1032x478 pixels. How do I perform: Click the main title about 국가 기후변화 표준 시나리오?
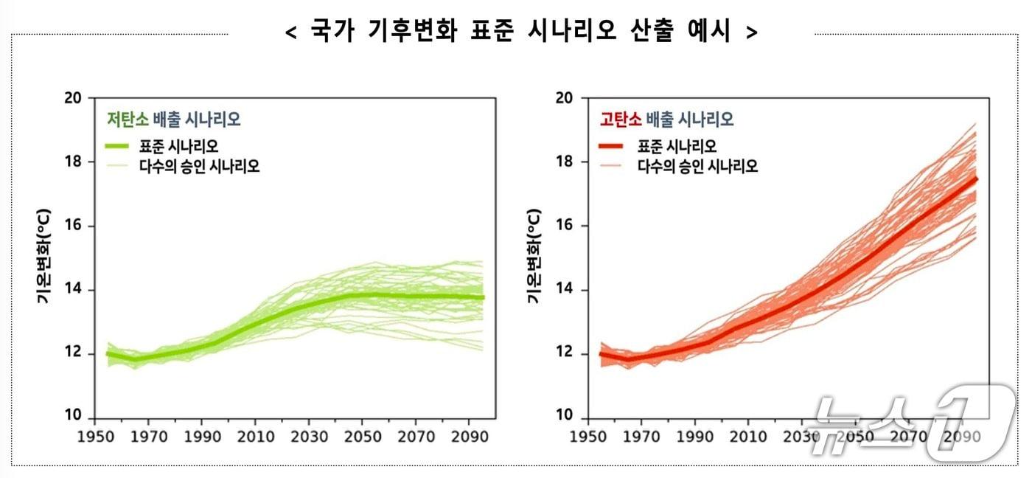click(x=521, y=32)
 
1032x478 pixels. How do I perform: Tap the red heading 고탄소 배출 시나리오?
click(x=666, y=119)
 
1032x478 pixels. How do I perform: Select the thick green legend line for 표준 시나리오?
click(x=118, y=146)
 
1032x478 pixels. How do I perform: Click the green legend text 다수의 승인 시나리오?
click(x=199, y=167)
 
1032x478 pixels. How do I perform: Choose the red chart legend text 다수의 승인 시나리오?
click(x=697, y=167)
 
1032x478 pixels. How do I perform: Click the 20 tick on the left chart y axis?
click(x=74, y=98)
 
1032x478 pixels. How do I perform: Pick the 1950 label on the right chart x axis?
click(x=589, y=436)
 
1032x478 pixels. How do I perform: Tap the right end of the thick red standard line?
click(x=976, y=179)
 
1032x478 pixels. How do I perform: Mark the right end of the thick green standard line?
click(x=483, y=297)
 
